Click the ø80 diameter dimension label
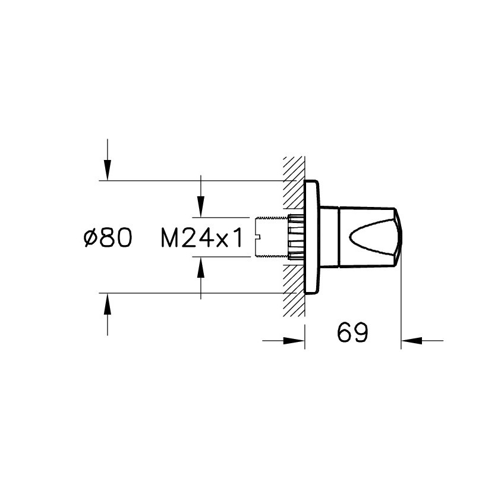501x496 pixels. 108,237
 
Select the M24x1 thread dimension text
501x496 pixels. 202,237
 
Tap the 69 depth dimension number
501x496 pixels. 353,332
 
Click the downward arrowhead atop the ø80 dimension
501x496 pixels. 108,169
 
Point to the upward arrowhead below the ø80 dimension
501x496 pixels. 108,304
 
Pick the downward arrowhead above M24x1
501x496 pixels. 201,206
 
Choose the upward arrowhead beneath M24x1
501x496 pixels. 201,268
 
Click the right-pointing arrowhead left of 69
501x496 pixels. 294,341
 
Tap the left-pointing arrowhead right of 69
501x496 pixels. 412,341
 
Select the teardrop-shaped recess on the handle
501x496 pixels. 372,237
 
